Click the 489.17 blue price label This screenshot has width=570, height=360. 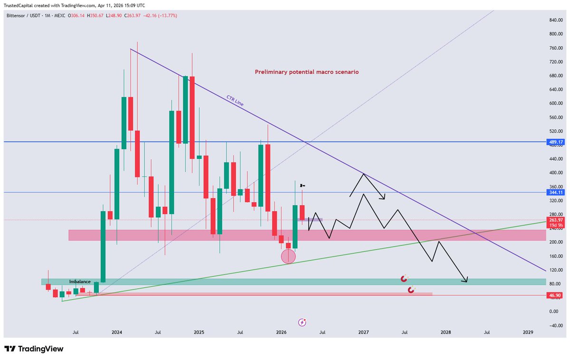click(556, 142)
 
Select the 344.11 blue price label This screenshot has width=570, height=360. click(556, 192)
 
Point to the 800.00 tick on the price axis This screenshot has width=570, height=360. click(556, 34)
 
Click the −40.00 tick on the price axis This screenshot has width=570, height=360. click(556, 325)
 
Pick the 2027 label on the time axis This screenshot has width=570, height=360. click(363, 332)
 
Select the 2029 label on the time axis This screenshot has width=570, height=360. click(528, 332)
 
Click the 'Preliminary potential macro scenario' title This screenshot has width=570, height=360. click(307, 72)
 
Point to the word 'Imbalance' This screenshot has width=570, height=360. click(79, 282)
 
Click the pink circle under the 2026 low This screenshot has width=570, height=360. click(289, 257)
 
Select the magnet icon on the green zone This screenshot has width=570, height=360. click(404, 279)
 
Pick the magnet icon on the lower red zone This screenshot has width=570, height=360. click(411, 289)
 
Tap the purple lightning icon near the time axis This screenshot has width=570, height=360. click(302, 322)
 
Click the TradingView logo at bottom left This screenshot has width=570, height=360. click(34, 349)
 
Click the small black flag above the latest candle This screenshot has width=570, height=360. click(302, 185)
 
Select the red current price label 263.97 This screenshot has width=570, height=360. click(556, 220)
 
